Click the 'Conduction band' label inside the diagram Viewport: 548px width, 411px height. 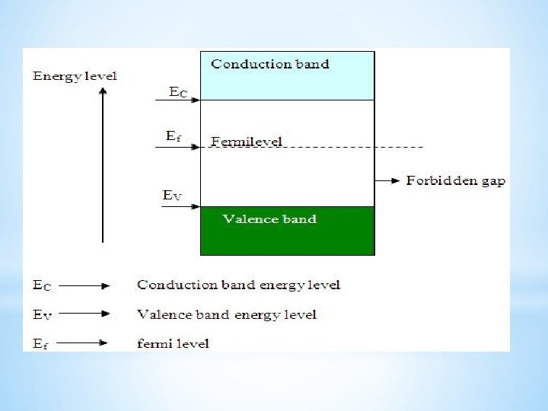pos(270,64)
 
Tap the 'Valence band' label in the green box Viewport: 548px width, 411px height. pos(269,219)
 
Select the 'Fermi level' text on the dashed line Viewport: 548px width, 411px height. pos(247,142)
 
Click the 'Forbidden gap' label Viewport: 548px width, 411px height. pos(455,181)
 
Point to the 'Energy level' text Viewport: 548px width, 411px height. pos(75,76)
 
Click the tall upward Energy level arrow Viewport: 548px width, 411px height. pos(103,164)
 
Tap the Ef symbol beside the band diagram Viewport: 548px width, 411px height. pos(173,136)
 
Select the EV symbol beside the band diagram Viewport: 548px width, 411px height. pos(173,196)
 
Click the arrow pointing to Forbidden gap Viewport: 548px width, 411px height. pos(388,180)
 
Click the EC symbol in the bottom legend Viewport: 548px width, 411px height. pos(43,285)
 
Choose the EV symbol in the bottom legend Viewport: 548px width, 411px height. pos(43,314)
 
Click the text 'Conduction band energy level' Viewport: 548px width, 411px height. pos(238,285)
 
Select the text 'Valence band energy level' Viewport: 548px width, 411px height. pos(226,314)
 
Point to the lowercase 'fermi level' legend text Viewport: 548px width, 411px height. pos(173,343)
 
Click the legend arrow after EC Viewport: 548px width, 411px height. pos(84,286)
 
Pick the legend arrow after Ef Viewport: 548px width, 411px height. pos(84,343)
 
